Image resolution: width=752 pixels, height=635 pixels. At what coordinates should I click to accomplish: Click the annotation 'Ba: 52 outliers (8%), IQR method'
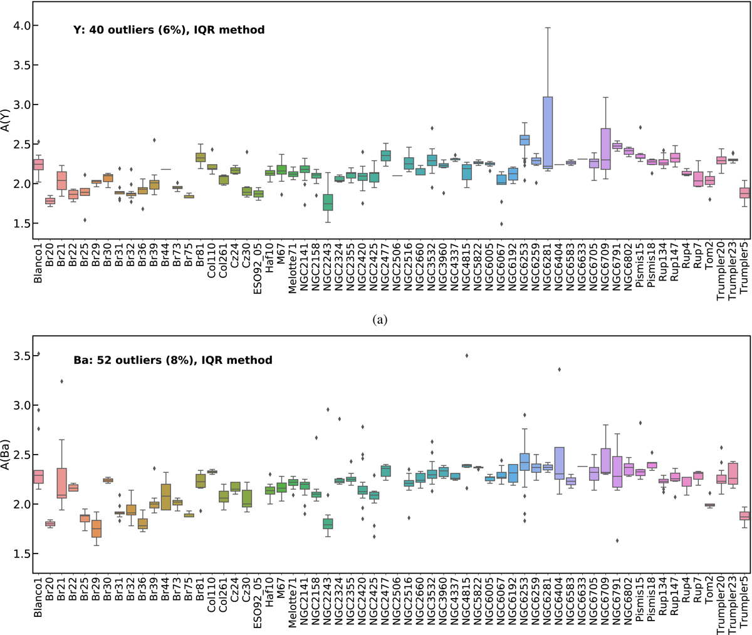pos(173,360)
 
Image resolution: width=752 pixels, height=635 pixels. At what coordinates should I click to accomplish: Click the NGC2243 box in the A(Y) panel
pos(328,202)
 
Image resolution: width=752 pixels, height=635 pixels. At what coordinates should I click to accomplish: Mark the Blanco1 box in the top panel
pos(38,164)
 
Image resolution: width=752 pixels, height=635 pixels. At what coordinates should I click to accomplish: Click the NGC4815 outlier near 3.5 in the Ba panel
pos(466,356)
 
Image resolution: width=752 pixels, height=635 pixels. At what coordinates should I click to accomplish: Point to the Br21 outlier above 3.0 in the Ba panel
pos(61,381)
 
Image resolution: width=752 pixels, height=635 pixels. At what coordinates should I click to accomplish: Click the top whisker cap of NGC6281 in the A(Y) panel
pos(547,28)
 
